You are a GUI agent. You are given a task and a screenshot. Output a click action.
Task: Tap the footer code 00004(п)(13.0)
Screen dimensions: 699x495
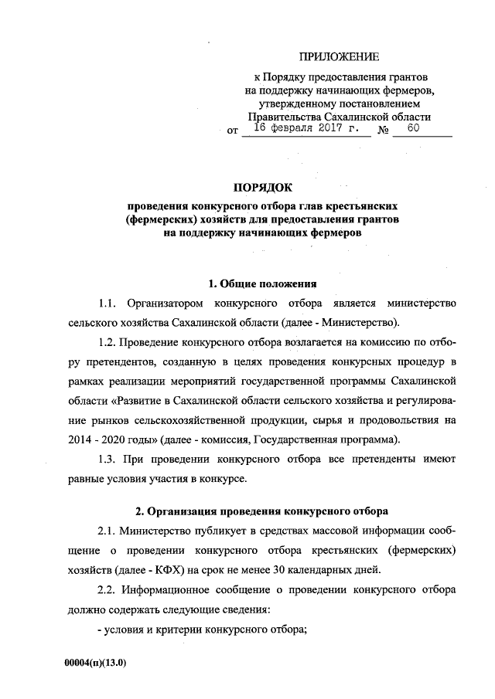coord(96,662)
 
